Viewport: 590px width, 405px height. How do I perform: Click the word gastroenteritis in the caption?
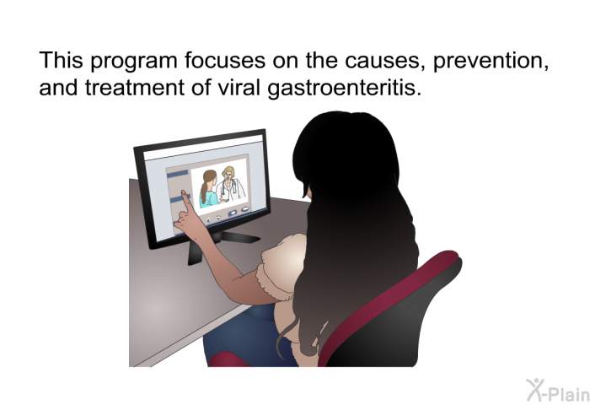click(x=344, y=89)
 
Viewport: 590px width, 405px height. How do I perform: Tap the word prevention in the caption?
click(x=491, y=61)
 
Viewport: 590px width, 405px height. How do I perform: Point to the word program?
click(x=134, y=62)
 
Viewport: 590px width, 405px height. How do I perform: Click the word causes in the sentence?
click(x=386, y=61)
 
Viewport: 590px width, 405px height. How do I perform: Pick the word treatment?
click(x=135, y=88)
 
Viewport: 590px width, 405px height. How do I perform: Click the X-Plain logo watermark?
click(x=558, y=391)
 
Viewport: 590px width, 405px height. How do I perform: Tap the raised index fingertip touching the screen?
click(x=184, y=193)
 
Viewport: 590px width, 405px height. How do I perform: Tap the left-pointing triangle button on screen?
click(x=208, y=219)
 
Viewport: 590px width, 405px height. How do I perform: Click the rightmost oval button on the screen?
click(x=245, y=208)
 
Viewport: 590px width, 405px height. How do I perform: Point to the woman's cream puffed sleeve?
click(x=282, y=264)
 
